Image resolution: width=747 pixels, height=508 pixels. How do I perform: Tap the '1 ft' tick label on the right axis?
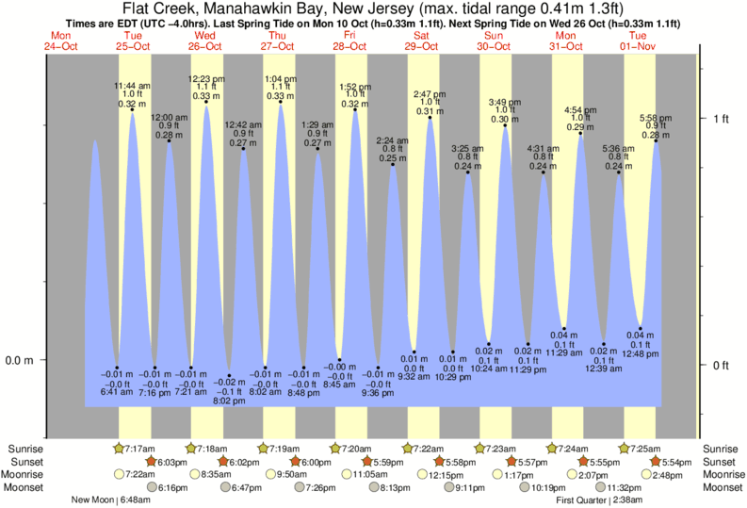(x=720, y=119)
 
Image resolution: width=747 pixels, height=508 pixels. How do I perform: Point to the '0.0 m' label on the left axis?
(x=21, y=360)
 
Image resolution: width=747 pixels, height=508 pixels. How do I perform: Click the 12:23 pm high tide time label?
(x=206, y=78)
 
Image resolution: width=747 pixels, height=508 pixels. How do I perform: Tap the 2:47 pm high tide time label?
(x=430, y=94)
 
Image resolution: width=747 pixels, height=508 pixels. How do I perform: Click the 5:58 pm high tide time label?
(x=656, y=117)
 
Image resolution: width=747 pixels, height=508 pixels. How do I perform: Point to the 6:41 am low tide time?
(x=117, y=391)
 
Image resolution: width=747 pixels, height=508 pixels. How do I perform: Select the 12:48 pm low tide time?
(x=641, y=353)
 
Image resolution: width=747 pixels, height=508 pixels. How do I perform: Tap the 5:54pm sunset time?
(x=674, y=462)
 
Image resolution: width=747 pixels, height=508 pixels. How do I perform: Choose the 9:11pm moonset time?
(x=471, y=488)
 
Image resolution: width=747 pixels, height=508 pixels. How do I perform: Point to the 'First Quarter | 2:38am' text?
(x=600, y=500)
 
